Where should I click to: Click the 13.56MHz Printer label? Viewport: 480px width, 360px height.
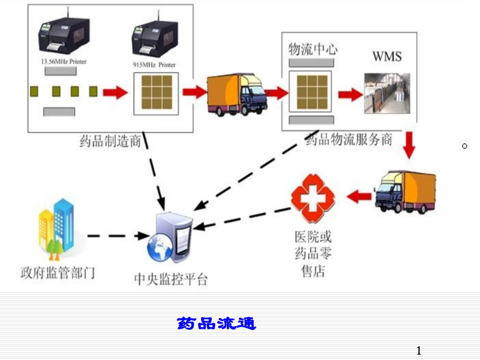point(63,62)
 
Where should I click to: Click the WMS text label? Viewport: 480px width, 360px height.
point(387,56)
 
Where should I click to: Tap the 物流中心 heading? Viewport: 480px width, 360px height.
point(313,49)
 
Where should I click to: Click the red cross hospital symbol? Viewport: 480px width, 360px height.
point(313,198)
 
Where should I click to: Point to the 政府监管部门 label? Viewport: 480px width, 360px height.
point(58,273)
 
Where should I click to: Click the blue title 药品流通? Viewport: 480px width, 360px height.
point(217,323)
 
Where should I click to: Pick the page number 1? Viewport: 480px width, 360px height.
point(418,350)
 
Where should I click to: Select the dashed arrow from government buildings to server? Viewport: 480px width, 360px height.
point(116,235)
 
